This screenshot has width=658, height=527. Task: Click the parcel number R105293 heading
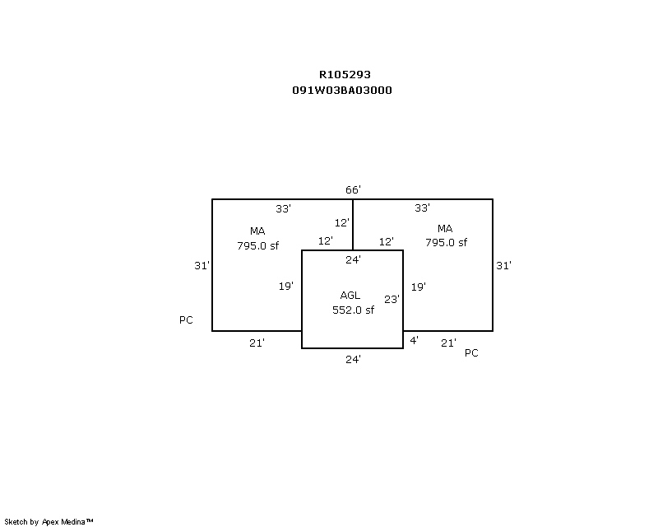(x=345, y=75)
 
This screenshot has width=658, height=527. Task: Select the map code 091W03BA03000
(x=342, y=91)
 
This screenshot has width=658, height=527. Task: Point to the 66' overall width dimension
(x=353, y=190)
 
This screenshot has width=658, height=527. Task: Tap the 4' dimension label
(x=414, y=340)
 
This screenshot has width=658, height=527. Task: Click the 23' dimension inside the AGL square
(x=392, y=299)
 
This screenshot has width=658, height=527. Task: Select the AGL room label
(x=350, y=296)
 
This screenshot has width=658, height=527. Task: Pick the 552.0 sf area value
(x=353, y=310)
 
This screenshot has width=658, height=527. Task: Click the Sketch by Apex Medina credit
(x=49, y=522)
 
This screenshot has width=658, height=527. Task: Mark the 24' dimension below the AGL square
(x=353, y=359)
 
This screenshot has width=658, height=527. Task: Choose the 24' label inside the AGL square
(x=353, y=260)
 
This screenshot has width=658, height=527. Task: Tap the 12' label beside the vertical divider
(x=341, y=222)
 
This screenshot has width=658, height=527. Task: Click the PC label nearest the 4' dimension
(x=471, y=353)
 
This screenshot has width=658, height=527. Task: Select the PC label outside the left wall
(x=186, y=320)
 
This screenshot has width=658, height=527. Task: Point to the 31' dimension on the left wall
(x=202, y=266)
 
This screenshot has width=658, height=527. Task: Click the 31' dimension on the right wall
(x=503, y=266)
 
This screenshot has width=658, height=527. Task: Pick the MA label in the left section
(x=257, y=231)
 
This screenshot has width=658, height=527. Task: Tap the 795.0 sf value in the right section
(x=446, y=242)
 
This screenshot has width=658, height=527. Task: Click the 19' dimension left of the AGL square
(x=285, y=287)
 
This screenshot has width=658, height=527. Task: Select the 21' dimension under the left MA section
(x=257, y=343)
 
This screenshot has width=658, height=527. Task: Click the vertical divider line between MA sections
(x=353, y=225)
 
